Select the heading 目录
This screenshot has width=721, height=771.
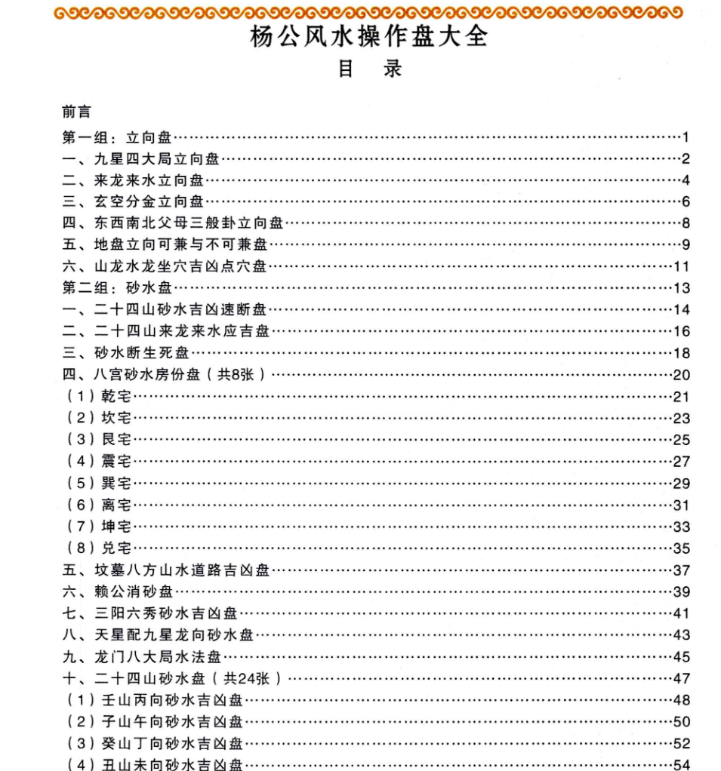369,69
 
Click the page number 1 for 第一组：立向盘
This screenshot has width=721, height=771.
686,137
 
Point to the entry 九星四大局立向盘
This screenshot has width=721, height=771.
157,158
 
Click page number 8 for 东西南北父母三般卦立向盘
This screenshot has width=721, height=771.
686,223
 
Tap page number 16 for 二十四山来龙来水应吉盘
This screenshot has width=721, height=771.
682,331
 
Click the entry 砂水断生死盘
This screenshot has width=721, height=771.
141,352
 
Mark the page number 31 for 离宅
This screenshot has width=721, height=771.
682,505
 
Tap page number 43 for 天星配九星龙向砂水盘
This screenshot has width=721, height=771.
682,635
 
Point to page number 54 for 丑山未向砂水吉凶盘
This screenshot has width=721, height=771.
682,765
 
